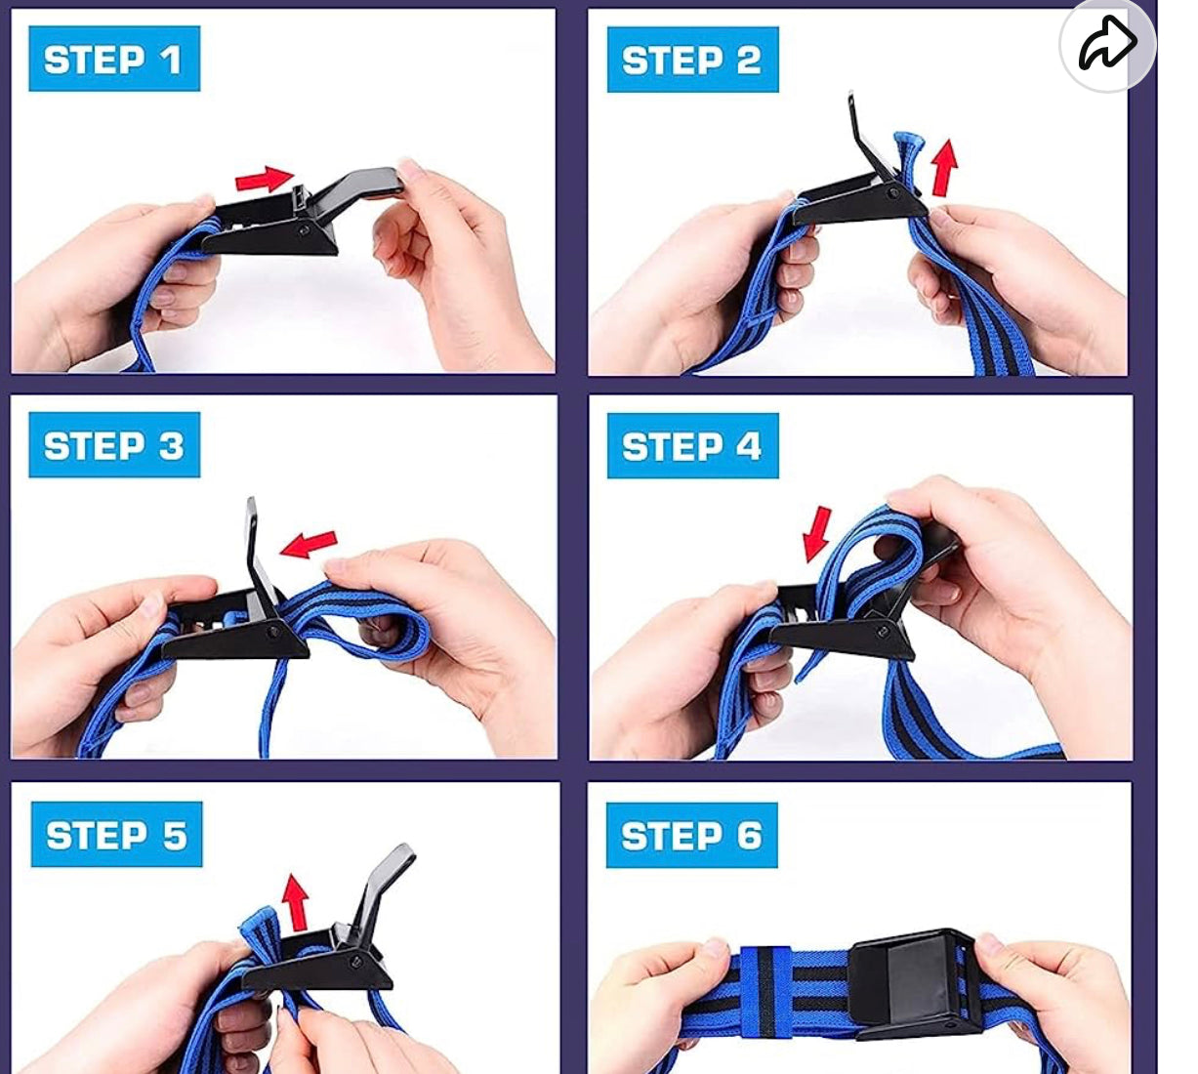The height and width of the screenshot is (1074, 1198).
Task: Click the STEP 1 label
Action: [x=114, y=59]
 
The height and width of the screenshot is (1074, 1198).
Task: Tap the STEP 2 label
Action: [x=692, y=60]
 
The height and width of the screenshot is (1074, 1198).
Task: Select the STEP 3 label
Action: [x=114, y=445]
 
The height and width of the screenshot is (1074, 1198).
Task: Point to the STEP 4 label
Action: [x=692, y=445]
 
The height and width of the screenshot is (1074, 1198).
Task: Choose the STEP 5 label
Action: [x=116, y=835]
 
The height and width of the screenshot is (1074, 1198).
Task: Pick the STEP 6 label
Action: [x=692, y=835]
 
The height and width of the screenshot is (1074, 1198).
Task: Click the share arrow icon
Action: [x=1107, y=43]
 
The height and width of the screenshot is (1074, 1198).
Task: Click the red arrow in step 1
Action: [x=265, y=179]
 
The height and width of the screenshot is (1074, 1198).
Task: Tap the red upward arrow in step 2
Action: [x=944, y=167]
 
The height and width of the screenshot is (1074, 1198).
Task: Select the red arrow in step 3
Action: [x=309, y=544]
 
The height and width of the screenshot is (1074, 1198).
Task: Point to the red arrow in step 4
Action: [x=817, y=534]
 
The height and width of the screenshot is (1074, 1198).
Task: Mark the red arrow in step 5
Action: [x=295, y=902]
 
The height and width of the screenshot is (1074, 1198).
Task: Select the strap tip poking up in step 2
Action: [x=908, y=149]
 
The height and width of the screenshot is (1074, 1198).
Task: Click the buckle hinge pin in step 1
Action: [x=304, y=230]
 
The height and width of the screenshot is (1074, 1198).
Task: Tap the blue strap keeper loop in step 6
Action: [x=766, y=991]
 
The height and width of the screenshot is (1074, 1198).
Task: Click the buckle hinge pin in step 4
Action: [x=883, y=632]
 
